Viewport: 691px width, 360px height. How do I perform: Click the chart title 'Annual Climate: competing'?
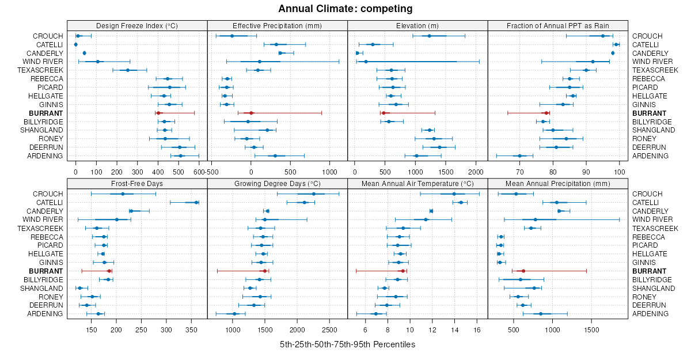click(345, 9)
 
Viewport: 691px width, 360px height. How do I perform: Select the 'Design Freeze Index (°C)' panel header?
click(137, 25)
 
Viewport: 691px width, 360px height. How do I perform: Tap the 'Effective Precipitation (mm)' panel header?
click(277, 25)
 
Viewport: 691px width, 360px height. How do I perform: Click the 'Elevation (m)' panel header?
click(417, 25)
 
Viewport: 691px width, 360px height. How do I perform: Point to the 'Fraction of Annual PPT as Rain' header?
click(557, 25)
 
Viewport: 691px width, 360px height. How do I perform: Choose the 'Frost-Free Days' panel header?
click(137, 184)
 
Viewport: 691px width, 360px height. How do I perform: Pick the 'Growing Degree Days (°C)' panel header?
click(277, 184)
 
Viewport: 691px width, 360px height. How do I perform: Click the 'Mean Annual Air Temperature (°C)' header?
click(417, 184)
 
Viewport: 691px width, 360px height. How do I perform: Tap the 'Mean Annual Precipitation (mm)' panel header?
click(557, 184)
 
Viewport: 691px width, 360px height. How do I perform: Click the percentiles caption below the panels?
click(347, 344)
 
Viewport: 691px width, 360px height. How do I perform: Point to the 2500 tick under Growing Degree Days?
click(330, 330)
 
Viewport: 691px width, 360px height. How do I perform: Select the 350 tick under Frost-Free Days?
click(192, 330)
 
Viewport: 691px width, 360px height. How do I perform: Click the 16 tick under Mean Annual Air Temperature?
click(477, 330)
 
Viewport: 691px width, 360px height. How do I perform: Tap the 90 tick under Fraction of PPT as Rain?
click(586, 172)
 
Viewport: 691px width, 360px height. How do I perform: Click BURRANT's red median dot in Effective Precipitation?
click(251, 113)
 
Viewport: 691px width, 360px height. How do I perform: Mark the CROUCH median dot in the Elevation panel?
click(430, 36)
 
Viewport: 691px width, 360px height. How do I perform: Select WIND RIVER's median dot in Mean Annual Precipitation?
click(535, 219)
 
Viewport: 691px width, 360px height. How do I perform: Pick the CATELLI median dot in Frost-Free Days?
click(196, 202)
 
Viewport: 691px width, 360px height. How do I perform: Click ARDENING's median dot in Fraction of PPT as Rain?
click(519, 156)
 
